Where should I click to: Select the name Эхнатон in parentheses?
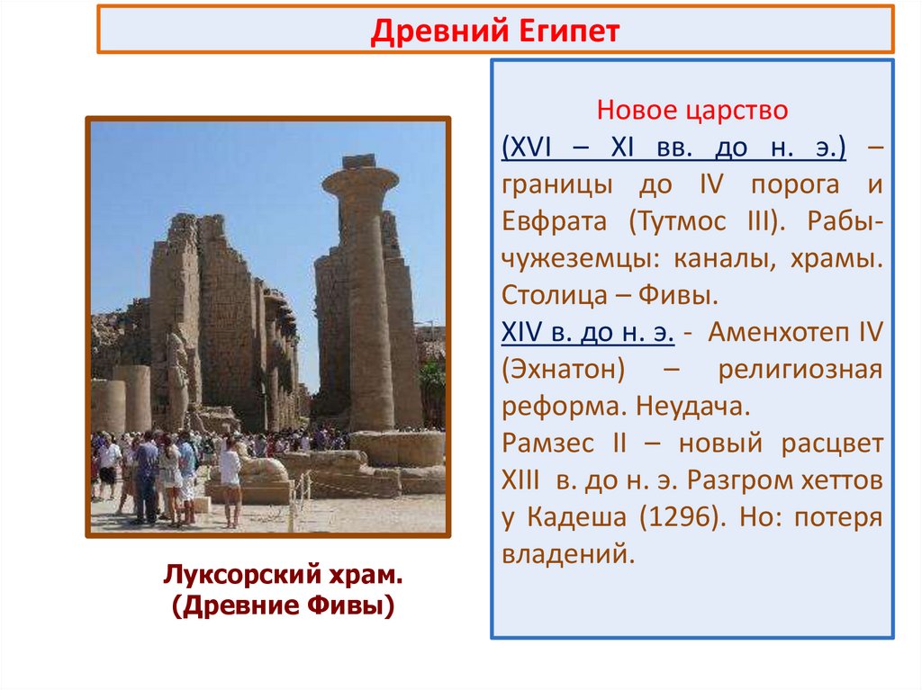pyautogui.click(x=557, y=370)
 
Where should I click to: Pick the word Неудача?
pyautogui.click(x=692, y=407)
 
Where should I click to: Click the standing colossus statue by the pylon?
pyautogui.click(x=177, y=378)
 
